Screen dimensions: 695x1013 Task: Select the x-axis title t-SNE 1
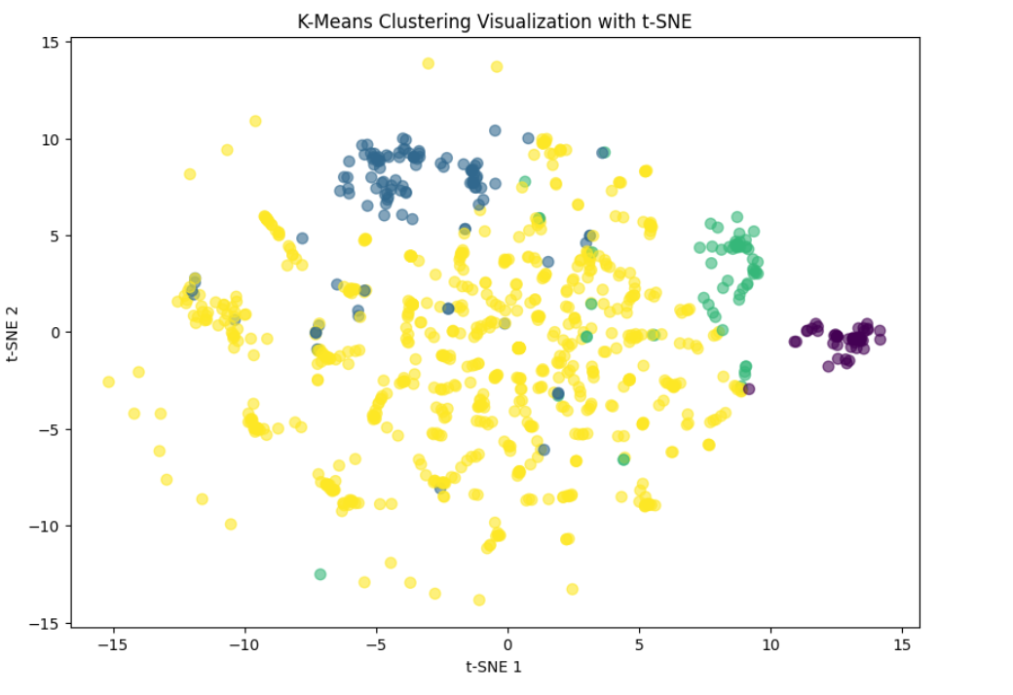point(494,667)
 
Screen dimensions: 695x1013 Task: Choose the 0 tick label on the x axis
point(507,644)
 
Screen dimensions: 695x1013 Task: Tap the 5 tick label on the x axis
point(639,644)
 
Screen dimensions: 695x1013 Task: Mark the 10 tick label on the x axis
point(770,644)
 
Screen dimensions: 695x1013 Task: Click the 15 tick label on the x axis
point(902,644)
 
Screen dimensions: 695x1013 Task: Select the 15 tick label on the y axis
point(50,42)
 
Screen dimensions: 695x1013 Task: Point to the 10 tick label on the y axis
point(50,139)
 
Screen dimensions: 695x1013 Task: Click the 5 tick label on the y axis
point(54,236)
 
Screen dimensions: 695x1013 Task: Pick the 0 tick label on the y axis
point(54,332)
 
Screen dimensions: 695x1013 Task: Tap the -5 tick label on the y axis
point(47,429)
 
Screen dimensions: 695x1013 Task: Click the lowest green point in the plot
point(319,574)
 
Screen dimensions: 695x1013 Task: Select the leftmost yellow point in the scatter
point(108,382)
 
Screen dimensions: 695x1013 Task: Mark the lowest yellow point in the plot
point(478,600)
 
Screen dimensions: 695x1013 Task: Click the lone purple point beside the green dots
point(748,389)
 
